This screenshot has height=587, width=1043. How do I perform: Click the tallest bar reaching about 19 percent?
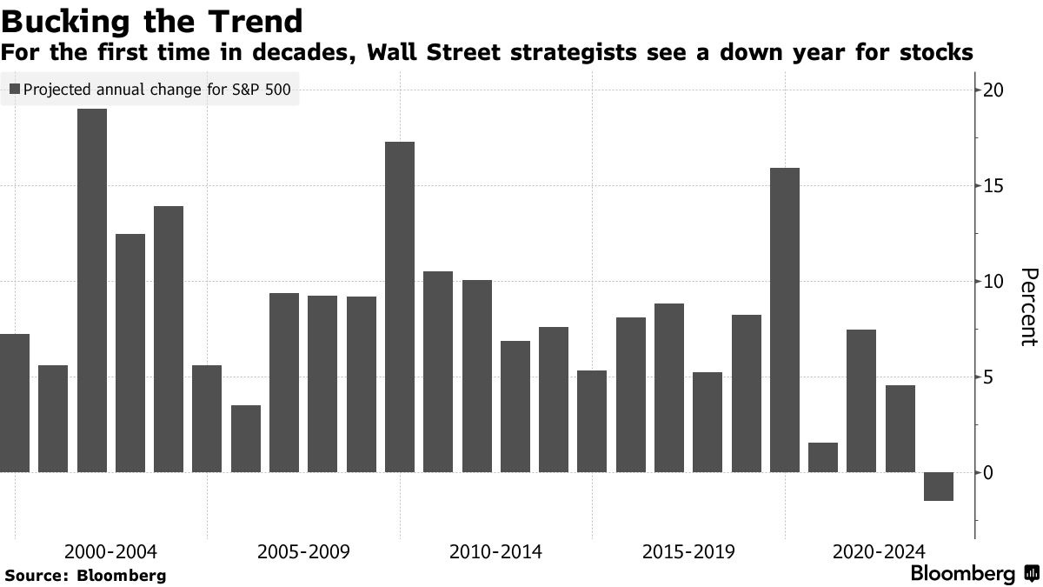tap(92, 290)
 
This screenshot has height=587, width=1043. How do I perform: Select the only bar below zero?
tap(938, 486)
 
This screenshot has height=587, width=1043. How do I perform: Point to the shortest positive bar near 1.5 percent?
tap(823, 457)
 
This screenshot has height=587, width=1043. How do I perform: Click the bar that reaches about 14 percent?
tap(169, 339)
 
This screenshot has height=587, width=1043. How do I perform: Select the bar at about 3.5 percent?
tap(246, 438)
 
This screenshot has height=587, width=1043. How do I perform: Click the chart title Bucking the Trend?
tap(152, 20)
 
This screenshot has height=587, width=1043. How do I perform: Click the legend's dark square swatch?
tap(14, 89)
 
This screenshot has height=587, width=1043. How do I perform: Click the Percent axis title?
tap(1027, 307)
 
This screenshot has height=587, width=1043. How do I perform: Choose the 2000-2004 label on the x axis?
tap(111, 552)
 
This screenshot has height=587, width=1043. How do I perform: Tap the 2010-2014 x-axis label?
tap(495, 552)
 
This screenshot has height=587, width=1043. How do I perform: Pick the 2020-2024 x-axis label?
tap(879, 552)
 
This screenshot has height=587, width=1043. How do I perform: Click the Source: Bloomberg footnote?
tap(85, 576)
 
